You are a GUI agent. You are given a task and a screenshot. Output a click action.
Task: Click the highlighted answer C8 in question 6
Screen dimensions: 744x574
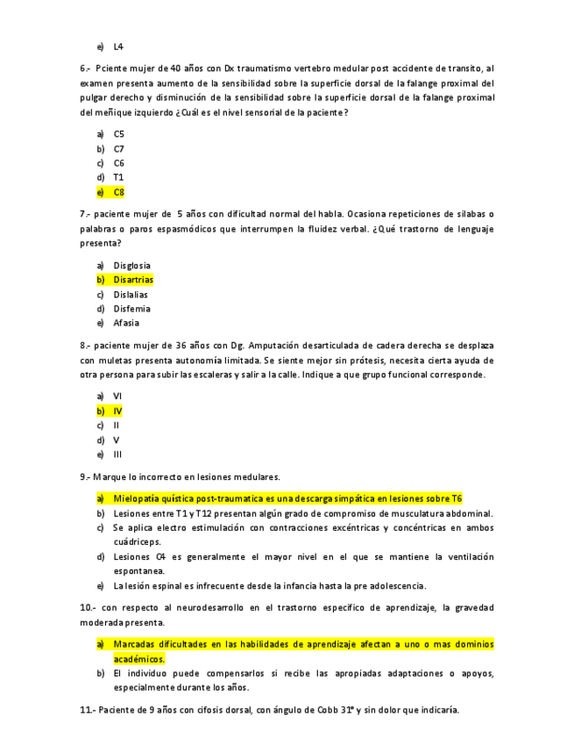coord(119,192)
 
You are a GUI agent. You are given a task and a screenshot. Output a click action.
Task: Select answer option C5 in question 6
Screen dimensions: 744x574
coord(119,134)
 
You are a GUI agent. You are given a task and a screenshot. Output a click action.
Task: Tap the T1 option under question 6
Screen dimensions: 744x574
coord(118,177)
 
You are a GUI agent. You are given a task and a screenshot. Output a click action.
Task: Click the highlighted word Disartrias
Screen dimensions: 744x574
coord(133,280)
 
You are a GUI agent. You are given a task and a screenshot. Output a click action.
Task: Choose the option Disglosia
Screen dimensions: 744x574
coord(131,265)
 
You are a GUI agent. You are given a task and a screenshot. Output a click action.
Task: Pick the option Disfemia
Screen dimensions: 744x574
coord(131,309)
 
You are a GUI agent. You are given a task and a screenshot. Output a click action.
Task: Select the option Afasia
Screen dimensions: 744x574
coord(126,323)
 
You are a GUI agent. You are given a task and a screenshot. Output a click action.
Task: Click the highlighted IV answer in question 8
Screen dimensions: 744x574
coord(117,411)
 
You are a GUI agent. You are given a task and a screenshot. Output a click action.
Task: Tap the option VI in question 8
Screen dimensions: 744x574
coord(117,396)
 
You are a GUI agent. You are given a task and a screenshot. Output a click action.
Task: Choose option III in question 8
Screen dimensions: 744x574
coord(117,454)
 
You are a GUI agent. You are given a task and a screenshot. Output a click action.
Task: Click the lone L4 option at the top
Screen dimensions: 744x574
coord(118,46)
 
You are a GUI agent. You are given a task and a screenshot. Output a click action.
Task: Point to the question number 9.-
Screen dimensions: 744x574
coord(86,477)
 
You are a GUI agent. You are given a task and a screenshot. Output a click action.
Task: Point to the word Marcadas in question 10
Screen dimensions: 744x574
coord(134,644)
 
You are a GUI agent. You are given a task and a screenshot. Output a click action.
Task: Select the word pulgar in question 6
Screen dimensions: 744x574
coord(94,97)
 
